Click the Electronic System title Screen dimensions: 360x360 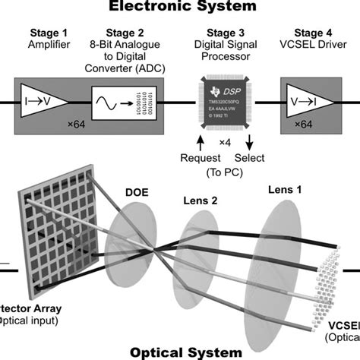[180, 7]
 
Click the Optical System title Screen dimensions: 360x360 [180, 352]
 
